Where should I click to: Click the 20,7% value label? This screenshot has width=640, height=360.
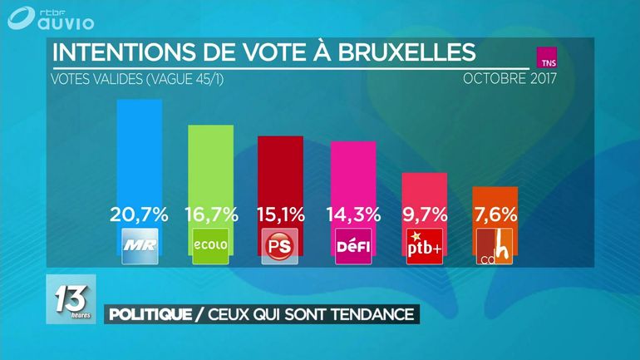tap(139, 214)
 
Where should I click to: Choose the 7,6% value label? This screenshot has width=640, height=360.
tap(495, 214)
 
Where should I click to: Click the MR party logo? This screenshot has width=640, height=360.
tap(139, 246)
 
